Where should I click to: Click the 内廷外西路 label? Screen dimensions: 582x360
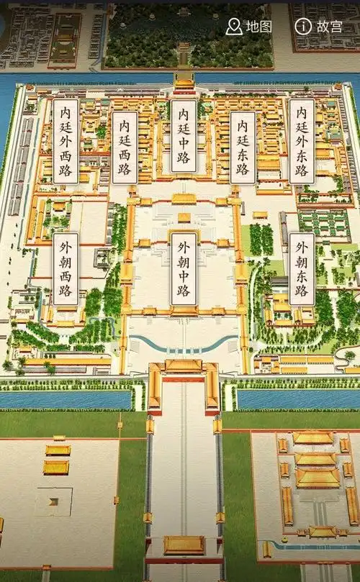[66, 140]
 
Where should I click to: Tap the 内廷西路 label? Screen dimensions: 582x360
[125, 147]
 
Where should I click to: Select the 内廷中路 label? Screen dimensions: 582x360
[184, 136]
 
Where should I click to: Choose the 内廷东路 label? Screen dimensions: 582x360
[243, 147]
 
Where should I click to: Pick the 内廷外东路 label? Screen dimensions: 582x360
[302, 140]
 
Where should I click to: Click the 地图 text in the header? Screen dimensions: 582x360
[258, 27]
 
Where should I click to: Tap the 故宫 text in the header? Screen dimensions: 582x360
[329, 27]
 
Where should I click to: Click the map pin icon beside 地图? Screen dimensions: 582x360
[234, 27]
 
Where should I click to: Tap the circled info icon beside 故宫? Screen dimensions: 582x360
[303, 27]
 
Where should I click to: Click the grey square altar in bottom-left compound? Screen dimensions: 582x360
[53, 501]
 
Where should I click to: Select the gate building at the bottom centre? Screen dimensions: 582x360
[184, 545]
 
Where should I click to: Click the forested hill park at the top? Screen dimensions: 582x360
[189, 36]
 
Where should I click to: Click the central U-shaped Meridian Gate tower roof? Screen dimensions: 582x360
[184, 366]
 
